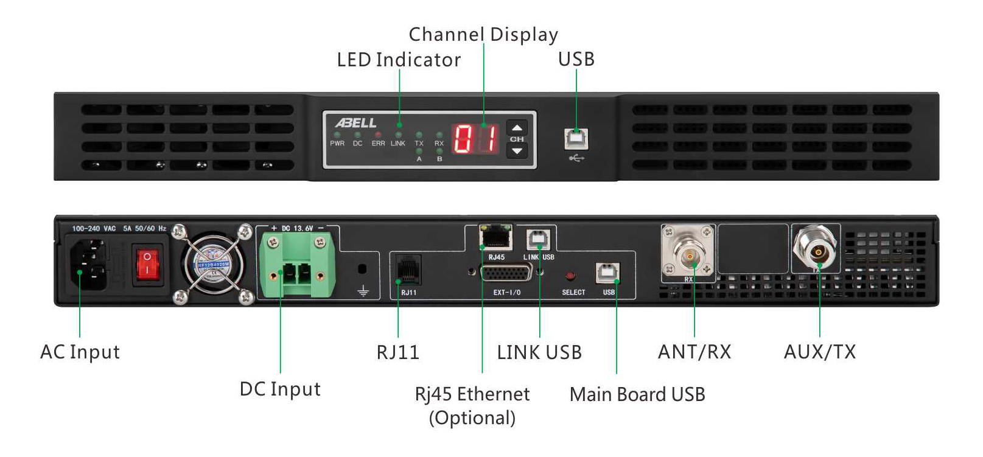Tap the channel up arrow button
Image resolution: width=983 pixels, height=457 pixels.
click(x=517, y=128)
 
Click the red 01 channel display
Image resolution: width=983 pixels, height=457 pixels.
click(x=475, y=139)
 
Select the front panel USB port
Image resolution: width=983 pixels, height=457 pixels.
click(x=576, y=139)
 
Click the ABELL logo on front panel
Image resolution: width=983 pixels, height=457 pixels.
click(x=356, y=123)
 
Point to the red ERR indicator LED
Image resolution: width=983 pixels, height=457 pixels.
click(x=378, y=134)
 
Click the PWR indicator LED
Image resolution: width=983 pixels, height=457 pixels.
click(x=337, y=134)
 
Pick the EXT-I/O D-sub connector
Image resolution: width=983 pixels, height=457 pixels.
click(x=506, y=271)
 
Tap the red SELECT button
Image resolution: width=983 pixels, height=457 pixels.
click(x=570, y=277)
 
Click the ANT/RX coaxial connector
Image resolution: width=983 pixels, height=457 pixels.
click(x=688, y=254)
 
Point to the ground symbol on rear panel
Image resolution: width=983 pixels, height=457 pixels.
click(x=363, y=291)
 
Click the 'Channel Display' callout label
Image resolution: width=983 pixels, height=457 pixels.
click(x=483, y=35)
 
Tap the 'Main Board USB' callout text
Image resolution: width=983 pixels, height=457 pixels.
click(x=637, y=394)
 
